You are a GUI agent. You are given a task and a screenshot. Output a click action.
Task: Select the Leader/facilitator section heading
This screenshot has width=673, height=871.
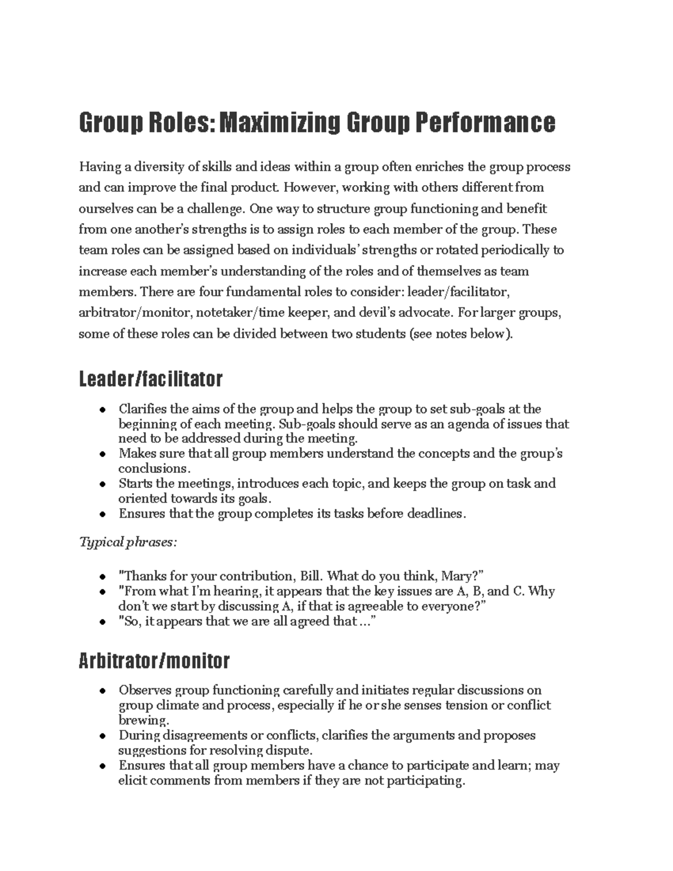coord(150,380)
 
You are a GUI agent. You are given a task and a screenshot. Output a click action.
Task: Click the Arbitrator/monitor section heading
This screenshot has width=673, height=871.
coord(154,661)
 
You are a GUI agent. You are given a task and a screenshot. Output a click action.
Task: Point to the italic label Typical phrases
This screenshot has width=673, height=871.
coord(128,542)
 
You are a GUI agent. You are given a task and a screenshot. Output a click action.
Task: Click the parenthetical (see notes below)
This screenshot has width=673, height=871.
coord(461,334)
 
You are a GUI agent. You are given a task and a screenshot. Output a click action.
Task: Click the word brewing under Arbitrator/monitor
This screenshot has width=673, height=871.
coord(143,720)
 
